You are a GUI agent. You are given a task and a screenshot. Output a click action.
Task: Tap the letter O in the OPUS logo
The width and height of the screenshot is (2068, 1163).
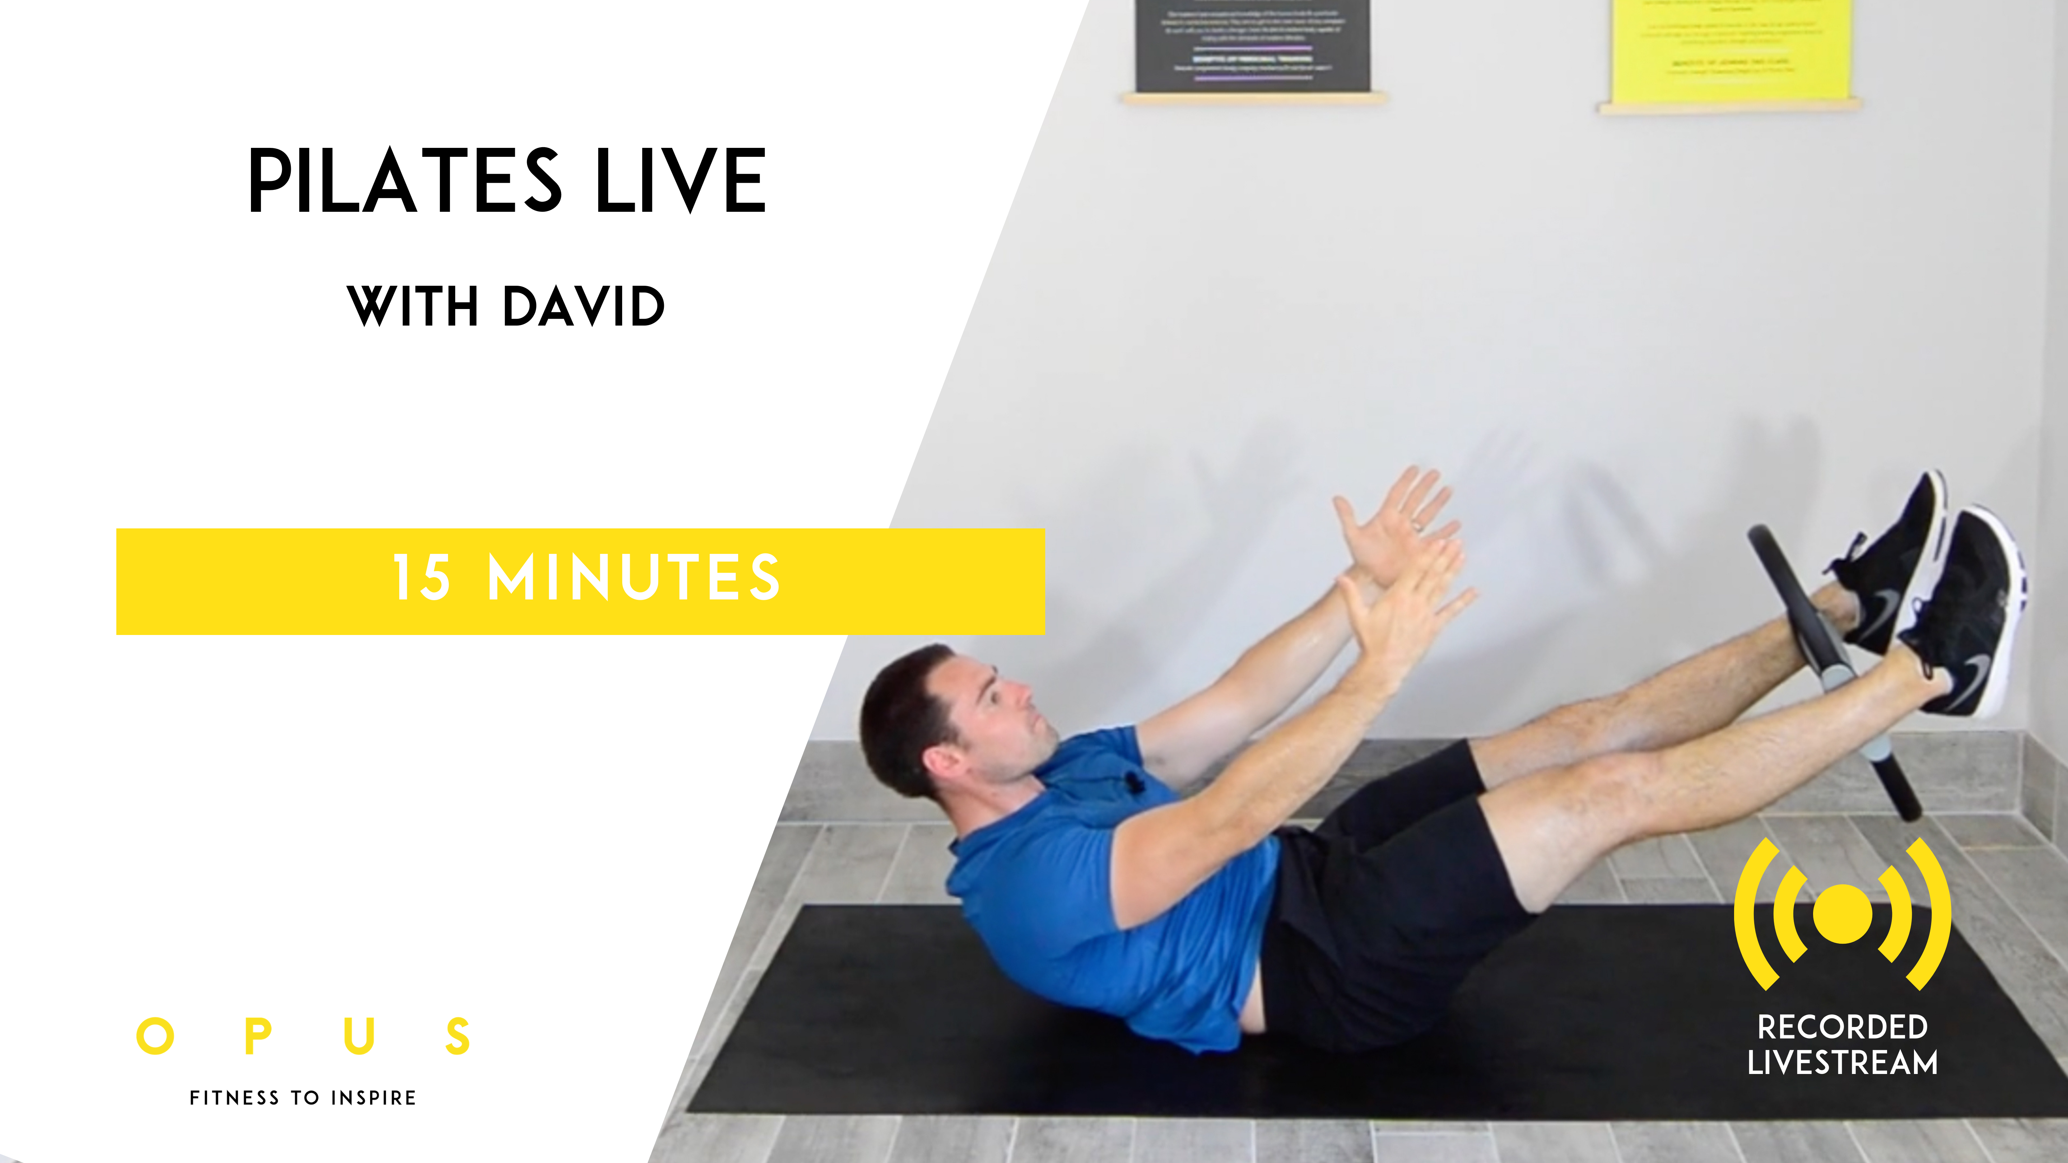pyautogui.click(x=155, y=1036)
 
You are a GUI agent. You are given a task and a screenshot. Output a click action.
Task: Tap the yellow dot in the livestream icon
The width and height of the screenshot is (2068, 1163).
pyautogui.click(x=1843, y=914)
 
